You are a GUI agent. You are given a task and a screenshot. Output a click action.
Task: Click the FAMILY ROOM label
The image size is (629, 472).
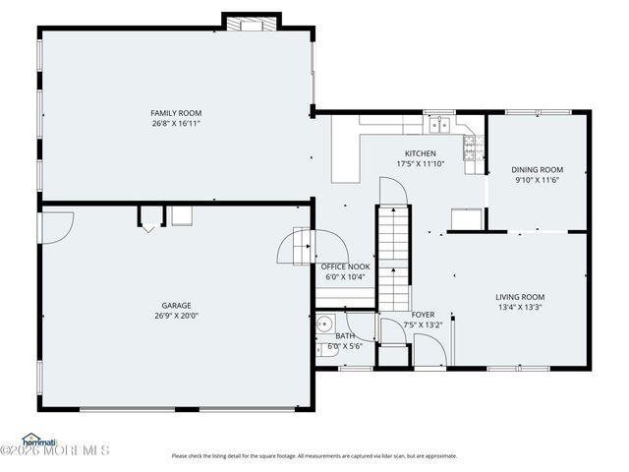coord(176,113)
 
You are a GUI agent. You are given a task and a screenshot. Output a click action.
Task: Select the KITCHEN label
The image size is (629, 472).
coord(421,153)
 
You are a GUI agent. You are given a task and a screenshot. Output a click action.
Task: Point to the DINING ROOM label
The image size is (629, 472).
coord(539,169)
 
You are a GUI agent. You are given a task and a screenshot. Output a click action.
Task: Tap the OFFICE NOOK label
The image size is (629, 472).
coord(345,266)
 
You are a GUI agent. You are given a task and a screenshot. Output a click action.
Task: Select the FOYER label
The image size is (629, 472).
coord(423,315)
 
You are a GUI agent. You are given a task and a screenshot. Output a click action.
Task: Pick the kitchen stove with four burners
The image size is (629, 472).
coord(473,147)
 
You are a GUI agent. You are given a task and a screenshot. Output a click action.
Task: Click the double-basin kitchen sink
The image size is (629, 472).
coord(439,124)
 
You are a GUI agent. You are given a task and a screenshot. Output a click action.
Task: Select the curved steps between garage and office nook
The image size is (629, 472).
coord(295,246)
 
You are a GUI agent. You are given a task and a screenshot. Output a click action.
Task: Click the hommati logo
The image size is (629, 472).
coord(39,440)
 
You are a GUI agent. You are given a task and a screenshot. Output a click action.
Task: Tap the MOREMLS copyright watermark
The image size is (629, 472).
coord(55,451)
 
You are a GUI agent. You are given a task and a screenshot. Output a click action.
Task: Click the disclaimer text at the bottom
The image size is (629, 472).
coord(314,455)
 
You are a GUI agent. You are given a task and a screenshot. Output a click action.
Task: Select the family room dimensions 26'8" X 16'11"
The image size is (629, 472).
coord(176,124)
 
